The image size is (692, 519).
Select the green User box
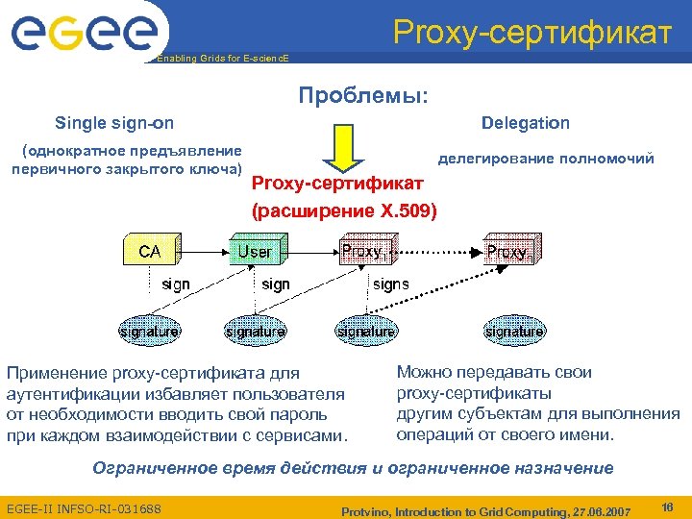[255, 252]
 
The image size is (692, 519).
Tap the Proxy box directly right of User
[364, 252]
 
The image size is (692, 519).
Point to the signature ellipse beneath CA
[150, 332]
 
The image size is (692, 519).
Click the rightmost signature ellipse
[514, 332]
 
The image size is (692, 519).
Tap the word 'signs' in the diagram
[390, 284]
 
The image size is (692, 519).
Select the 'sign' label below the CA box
[176, 284]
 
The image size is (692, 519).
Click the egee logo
[84, 33]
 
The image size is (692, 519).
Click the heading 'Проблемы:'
[363, 96]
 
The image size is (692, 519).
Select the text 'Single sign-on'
[114, 123]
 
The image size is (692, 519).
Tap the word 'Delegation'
[525, 123]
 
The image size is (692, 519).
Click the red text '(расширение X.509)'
[343, 209]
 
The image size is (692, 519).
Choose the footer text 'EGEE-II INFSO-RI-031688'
[84, 507]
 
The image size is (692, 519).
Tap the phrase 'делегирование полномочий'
[546, 159]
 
